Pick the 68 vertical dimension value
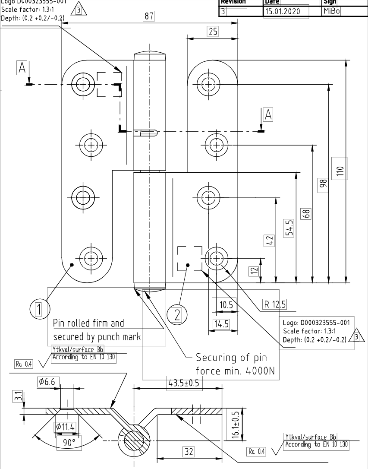(307, 213)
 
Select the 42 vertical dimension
(270, 241)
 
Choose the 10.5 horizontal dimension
(225, 305)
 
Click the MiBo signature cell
(331, 12)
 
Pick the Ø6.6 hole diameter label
(48, 382)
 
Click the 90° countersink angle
(69, 443)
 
